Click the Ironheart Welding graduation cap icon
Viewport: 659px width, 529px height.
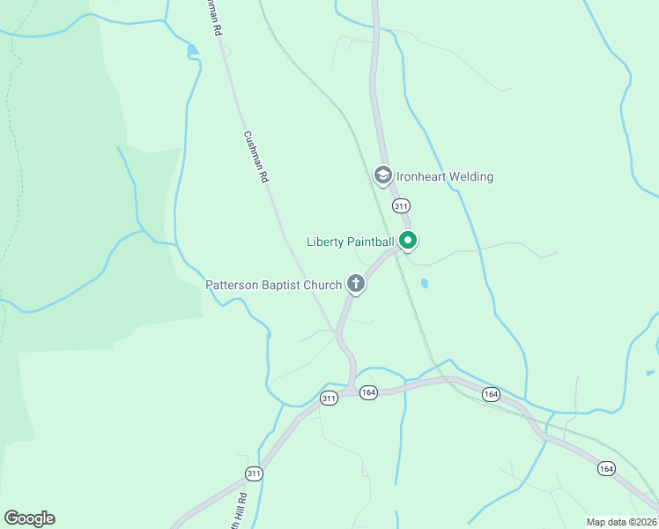382,176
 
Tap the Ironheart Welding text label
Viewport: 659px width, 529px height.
445,176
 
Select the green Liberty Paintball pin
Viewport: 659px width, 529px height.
407,240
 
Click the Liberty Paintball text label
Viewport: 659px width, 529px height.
350,242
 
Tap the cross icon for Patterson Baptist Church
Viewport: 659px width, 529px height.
356,283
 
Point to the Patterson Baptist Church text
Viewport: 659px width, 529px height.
273,285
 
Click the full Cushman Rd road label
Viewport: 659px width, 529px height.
256,157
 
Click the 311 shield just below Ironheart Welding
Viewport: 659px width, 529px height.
401,205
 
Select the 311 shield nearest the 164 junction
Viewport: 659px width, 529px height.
329,399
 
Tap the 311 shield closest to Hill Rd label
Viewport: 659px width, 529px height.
254,473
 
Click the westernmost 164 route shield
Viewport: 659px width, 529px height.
368,392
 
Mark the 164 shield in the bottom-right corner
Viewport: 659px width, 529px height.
604,468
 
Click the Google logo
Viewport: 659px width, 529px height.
29,518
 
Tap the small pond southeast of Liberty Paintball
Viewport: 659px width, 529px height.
426,284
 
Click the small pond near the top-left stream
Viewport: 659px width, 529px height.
192,50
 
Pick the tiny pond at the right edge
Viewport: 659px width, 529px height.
650,373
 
